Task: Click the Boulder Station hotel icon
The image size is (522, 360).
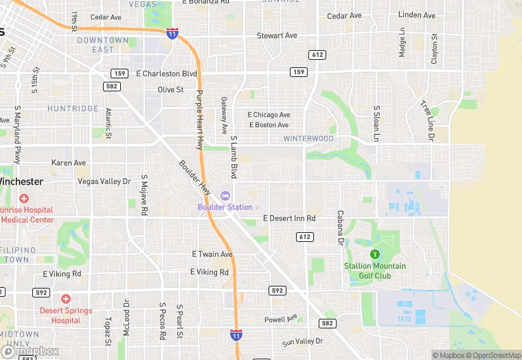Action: click(225, 196)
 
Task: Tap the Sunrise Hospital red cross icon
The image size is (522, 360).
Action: click(25, 199)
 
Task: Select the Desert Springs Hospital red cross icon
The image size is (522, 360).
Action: click(66, 299)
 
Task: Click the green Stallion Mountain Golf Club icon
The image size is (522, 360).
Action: click(374, 255)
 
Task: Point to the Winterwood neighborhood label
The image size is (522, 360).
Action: click(308, 139)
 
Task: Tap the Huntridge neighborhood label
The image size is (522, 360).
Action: click(73, 109)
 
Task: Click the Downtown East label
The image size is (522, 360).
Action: click(103, 45)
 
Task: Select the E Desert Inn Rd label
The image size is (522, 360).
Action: click(289, 218)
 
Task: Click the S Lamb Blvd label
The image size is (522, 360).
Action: click(234, 157)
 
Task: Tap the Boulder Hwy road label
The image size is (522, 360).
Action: click(194, 178)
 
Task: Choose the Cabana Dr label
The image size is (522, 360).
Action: click(339, 228)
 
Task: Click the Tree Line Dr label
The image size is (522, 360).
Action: click(427, 121)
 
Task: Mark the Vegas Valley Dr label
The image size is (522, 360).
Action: click(104, 181)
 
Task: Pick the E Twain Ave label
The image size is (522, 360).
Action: click(212, 254)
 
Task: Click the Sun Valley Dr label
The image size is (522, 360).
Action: click(302, 341)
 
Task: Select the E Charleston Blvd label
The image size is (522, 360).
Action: click(167, 74)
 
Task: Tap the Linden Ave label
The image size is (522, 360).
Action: click(416, 15)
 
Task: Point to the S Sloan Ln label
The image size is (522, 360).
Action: click(376, 124)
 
